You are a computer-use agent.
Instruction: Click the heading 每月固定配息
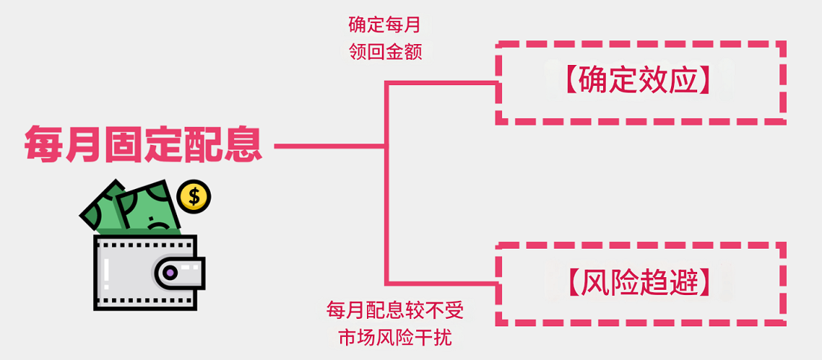point(143,144)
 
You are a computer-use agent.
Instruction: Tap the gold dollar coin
point(194,196)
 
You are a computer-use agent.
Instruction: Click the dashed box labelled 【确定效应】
point(640,82)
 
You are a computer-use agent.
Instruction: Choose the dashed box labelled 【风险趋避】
point(640,284)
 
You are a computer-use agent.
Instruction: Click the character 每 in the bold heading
point(43,144)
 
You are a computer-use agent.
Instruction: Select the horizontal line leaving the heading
point(329,146)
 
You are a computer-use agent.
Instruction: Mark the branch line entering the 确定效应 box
point(441,82)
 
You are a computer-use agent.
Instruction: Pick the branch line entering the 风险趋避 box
point(441,284)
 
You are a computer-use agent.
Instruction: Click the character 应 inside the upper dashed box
point(685,82)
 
